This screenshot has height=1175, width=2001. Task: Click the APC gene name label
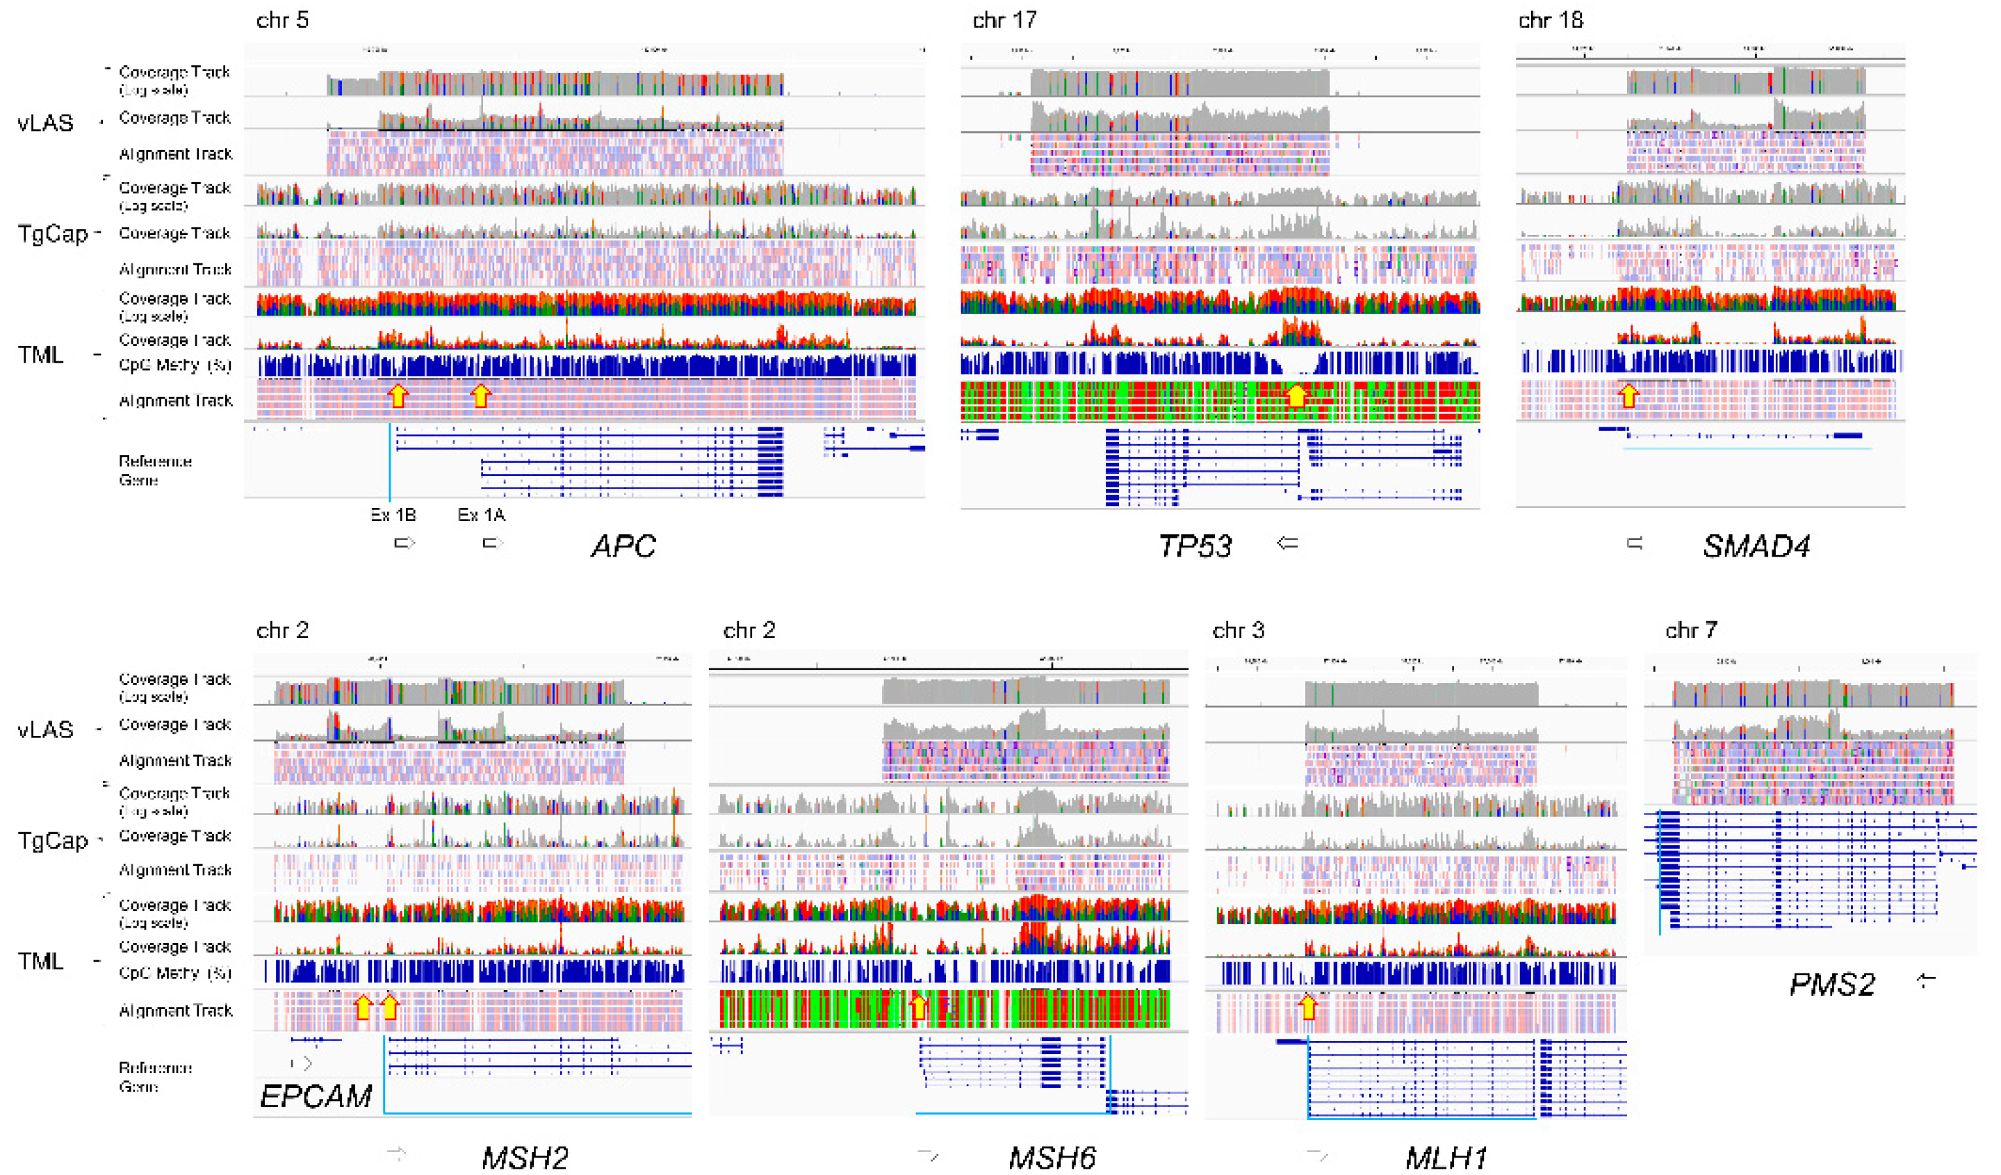[x=623, y=546]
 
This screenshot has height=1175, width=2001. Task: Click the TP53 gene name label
[x=1194, y=546]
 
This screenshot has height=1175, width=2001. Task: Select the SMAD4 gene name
[x=1756, y=546]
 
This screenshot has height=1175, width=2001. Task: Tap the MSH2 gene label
[x=525, y=1158]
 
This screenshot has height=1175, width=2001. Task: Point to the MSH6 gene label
[x=1052, y=1158]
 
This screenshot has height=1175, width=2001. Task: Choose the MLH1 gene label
[x=1446, y=1158]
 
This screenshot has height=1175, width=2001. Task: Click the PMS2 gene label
[x=1832, y=985]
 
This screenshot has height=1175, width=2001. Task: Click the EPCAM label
[x=316, y=1096]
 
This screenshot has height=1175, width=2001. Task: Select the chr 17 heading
[x=1004, y=20]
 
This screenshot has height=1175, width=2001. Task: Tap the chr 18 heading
[x=1550, y=20]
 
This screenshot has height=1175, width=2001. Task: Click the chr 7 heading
[x=1690, y=630]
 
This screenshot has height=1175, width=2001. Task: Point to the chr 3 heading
[x=1238, y=630]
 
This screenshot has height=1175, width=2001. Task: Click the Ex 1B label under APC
[x=393, y=516]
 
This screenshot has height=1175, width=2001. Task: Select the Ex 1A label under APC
[x=481, y=516]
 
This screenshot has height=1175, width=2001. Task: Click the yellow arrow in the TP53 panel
[x=1296, y=395]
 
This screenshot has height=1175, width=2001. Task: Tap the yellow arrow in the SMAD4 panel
[x=1628, y=395]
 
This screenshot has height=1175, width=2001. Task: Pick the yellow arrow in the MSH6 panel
[x=918, y=1007]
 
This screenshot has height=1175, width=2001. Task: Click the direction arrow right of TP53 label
[x=1287, y=543]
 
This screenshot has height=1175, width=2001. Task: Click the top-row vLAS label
[x=45, y=123]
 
